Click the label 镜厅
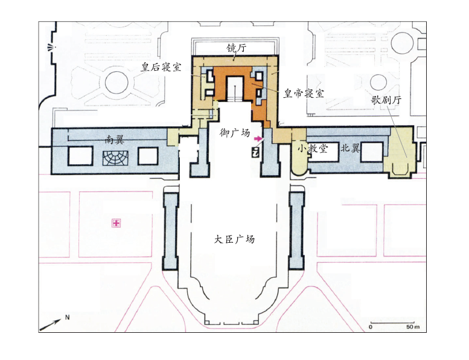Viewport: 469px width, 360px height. pyautogui.click(x=236, y=48)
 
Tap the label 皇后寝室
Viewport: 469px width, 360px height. pyautogui.click(x=161, y=66)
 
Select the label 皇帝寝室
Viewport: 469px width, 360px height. pyautogui.click(x=304, y=94)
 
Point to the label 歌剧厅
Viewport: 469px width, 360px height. pyautogui.click(x=386, y=100)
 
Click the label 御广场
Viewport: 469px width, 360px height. pyautogui.click(x=234, y=132)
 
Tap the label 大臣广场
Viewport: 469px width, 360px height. pyautogui.click(x=234, y=239)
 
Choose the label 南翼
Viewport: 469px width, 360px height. pyautogui.click(x=115, y=139)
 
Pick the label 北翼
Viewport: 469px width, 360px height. pyautogui.click(x=350, y=147)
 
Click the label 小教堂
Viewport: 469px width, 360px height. pyautogui.click(x=313, y=148)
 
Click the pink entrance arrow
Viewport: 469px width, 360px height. pyautogui.click(x=258, y=139)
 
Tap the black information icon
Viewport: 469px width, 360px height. pyautogui.click(x=255, y=153)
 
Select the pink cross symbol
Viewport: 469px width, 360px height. pyautogui.click(x=116, y=223)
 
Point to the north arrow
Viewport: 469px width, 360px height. pyautogui.click(x=50, y=325)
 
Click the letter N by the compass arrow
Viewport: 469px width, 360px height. pyautogui.click(x=67, y=317)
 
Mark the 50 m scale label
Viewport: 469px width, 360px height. pyautogui.click(x=413, y=327)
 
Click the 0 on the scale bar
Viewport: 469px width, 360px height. pyautogui.click(x=371, y=327)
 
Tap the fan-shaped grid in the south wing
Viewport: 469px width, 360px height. pyautogui.click(x=115, y=158)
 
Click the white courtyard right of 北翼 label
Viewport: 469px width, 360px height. pyautogui.click(x=372, y=152)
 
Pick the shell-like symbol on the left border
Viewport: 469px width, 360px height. pyautogui.click(x=50, y=47)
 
